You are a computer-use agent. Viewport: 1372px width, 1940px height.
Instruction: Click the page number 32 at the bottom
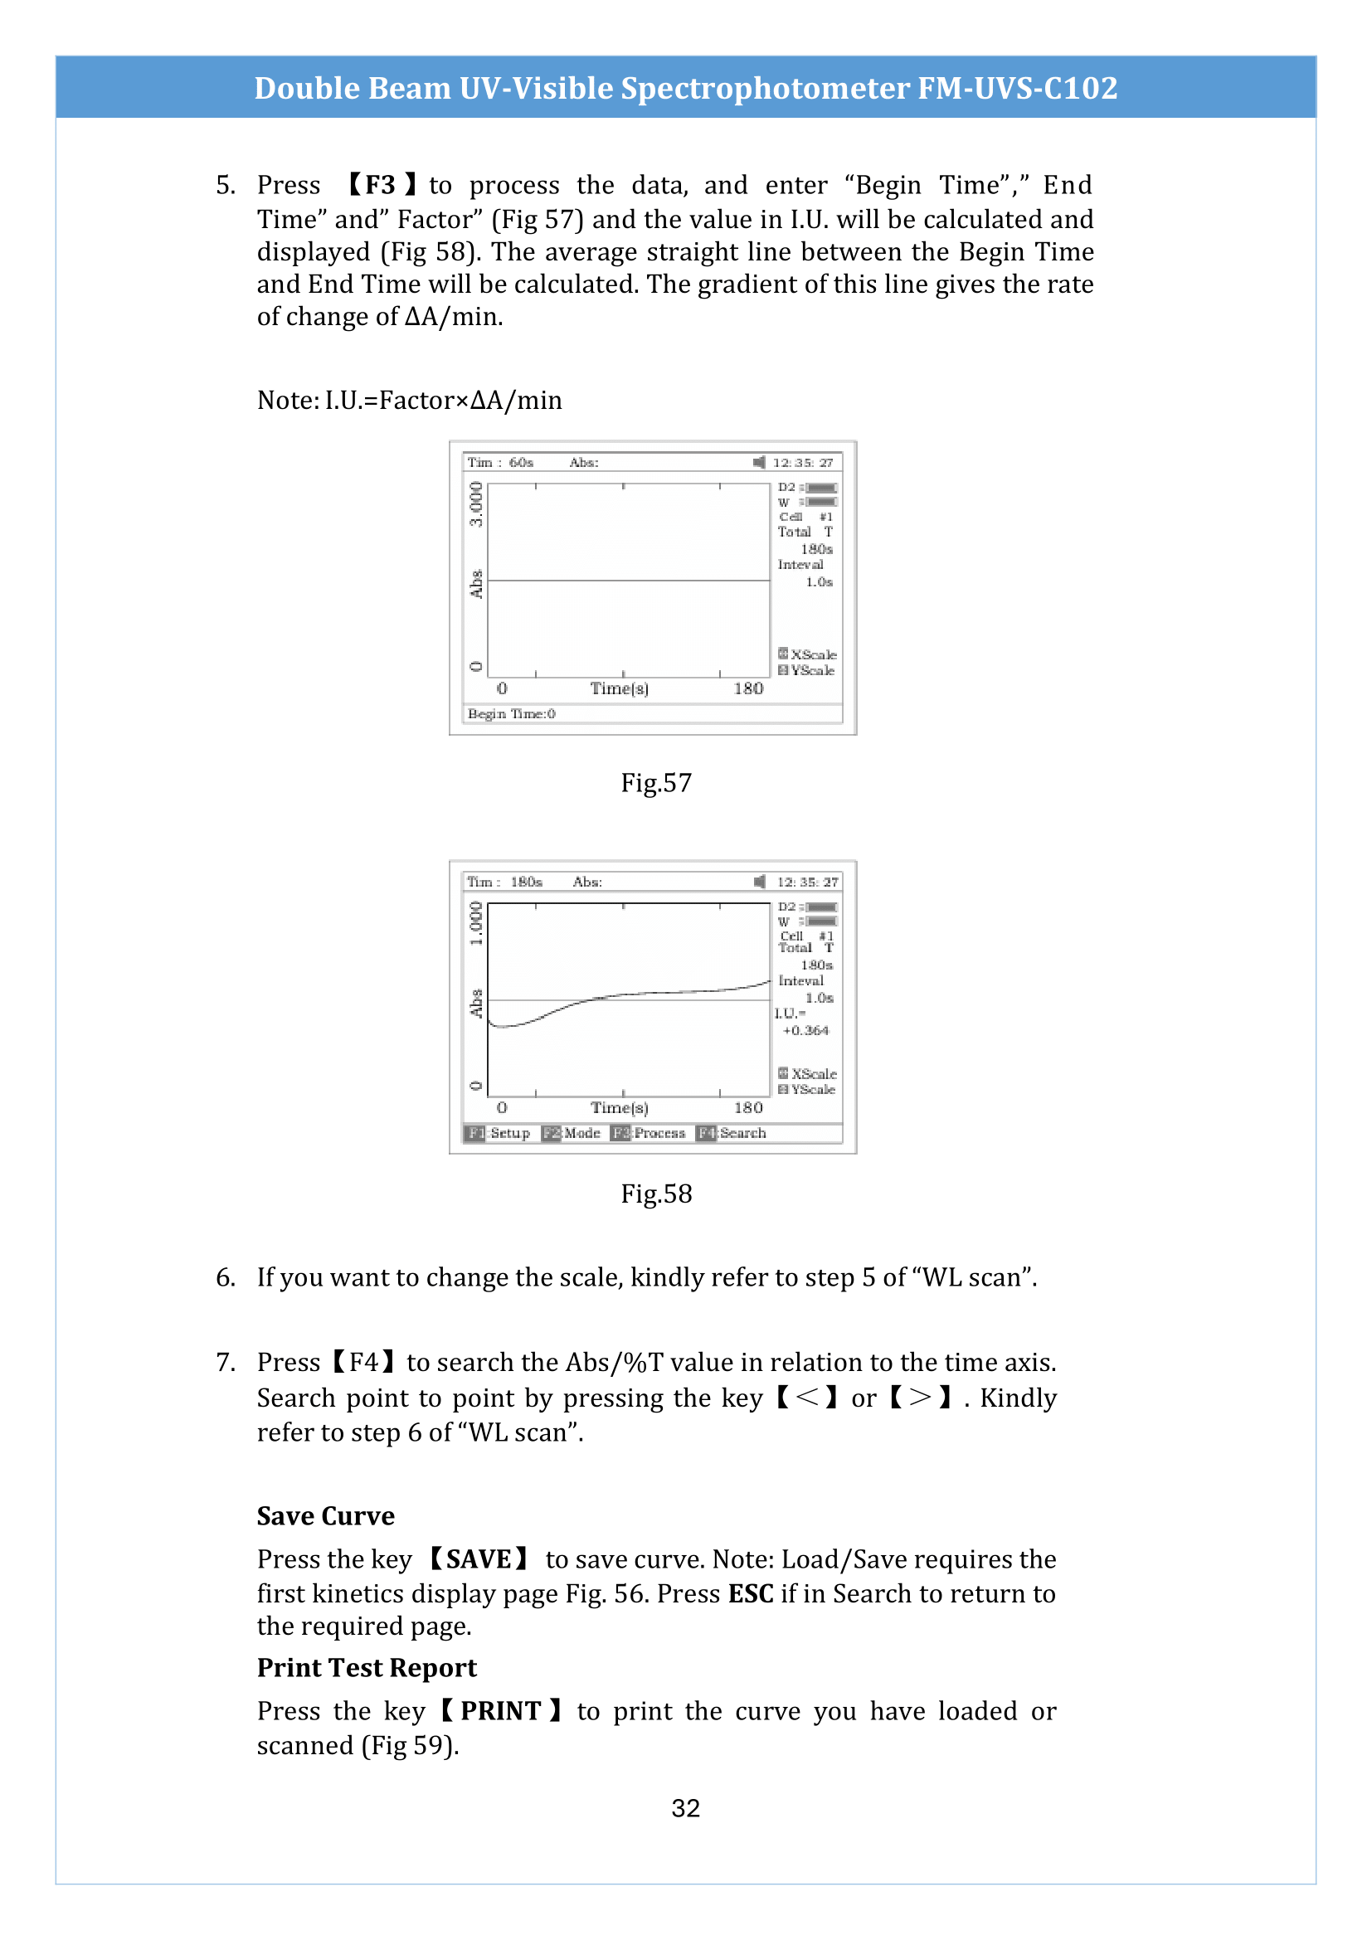tap(685, 1808)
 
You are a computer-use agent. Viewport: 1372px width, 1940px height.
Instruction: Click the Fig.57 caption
tap(655, 783)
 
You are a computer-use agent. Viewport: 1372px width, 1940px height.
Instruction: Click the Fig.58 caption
tap(655, 1194)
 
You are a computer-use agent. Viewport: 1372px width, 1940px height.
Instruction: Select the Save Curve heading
tap(325, 1516)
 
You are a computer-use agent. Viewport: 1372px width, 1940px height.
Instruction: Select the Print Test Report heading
tap(367, 1667)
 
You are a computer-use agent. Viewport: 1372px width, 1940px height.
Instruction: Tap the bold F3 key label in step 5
tap(380, 185)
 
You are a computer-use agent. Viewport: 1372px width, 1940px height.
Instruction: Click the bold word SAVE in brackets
tap(478, 1559)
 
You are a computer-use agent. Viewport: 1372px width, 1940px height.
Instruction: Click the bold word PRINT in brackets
tap(500, 1711)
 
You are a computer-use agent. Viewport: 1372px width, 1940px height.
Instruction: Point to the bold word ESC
tap(750, 1593)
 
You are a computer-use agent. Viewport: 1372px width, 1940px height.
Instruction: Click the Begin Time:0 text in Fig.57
tap(511, 714)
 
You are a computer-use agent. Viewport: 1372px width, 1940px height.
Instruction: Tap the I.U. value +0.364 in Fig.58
tap(805, 1031)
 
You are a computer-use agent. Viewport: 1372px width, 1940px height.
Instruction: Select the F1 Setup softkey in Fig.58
tap(499, 1133)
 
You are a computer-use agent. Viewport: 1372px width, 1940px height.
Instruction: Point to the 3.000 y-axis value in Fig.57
tap(476, 503)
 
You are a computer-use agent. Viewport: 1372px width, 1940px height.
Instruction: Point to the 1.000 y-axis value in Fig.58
tap(476, 922)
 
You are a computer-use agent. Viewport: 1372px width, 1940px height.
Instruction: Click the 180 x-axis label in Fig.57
tap(747, 688)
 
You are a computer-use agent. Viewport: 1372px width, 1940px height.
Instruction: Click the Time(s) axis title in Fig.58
tap(620, 1108)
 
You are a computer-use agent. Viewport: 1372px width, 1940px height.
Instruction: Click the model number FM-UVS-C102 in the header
tap(1017, 88)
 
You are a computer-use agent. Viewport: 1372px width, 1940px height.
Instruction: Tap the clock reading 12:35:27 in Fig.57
tap(803, 462)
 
